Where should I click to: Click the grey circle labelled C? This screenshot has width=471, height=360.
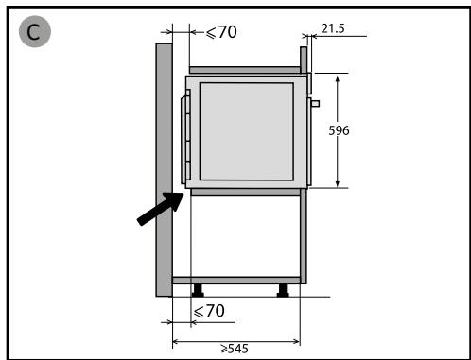[x=35, y=31]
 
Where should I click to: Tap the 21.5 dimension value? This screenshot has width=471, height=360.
[x=333, y=28]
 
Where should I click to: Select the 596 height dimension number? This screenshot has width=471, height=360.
[x=339, y=130]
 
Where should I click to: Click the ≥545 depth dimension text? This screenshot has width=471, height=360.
[x=235, y=349]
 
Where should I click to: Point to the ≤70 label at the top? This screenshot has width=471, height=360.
[x=221, y=32]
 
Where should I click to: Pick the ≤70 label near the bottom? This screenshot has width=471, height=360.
[x=209, y=311]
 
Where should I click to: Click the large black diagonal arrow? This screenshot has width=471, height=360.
[x=161, y=208]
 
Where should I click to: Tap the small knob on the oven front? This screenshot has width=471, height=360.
[x=316, y=103]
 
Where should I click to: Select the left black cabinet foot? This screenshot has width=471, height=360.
[x=198, y=290]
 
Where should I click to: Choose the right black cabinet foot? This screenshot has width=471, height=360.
[x=283, y=290]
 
